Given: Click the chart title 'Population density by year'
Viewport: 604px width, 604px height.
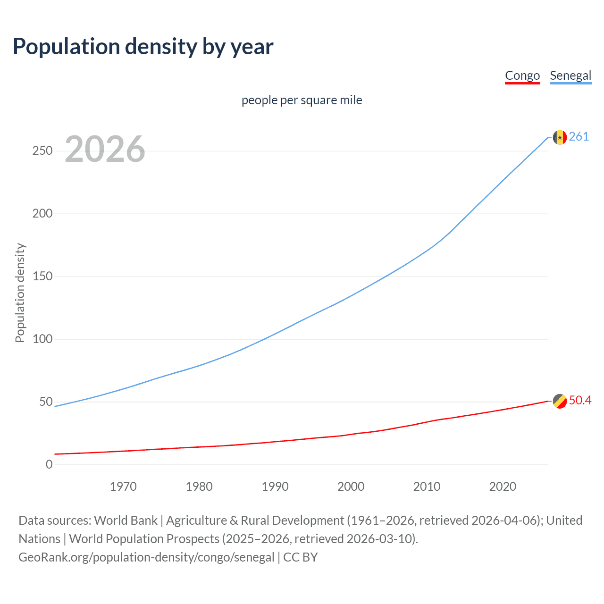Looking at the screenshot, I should tap(143, 47).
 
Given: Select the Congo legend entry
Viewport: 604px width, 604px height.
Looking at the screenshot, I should tap(522, 75).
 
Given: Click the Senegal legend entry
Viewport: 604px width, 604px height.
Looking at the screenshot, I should tap(570, 75).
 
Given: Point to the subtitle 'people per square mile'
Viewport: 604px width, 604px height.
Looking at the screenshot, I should tap(302, 100).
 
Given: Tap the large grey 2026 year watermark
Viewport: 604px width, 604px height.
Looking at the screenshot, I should tap(105, 149).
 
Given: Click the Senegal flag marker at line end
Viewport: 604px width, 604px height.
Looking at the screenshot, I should tap(560, 137).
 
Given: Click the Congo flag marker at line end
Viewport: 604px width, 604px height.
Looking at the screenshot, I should tap(560, 401).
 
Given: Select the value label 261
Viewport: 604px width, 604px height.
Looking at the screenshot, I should tap(579, 136).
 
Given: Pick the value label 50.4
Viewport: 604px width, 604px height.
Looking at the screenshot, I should tap(580, 400).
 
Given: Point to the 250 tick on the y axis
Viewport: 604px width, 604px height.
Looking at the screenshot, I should tap(42, 151).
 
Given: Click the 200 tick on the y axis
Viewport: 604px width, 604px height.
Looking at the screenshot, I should tap(42, 213).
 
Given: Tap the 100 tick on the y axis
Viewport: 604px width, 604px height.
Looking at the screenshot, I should tap(42, 339).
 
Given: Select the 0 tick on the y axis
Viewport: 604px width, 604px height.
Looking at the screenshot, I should tap(49, 464).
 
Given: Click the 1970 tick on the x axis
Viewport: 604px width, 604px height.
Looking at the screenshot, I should tap(123, 487).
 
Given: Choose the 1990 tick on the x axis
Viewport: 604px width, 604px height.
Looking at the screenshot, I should tap(275, 487).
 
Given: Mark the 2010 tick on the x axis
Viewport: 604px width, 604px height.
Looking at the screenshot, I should tap(427, 487).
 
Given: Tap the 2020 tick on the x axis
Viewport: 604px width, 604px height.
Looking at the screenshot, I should tap(503, 487).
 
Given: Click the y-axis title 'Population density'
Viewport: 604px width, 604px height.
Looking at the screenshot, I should tap(20, 293).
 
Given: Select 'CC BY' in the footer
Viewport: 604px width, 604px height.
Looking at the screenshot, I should tap(301, 557).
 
